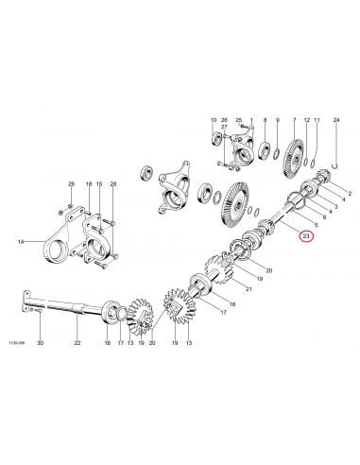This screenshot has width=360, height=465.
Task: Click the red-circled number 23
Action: coord(305,236)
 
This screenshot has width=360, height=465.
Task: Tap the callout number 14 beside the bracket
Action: coord(21,243)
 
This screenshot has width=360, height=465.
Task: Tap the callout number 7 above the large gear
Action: coord(294,122)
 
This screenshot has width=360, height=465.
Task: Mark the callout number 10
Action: coord(213,122)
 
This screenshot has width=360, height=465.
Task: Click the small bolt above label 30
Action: coord(31,309)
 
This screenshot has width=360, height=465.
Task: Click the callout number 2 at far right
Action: coord(348,194)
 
